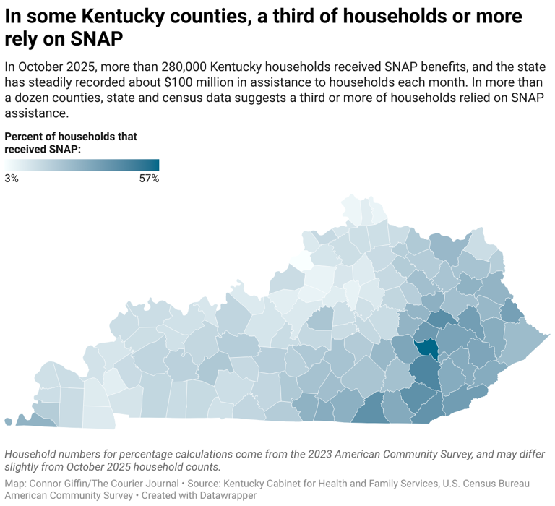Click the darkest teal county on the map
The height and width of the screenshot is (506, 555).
(x=427, y=348)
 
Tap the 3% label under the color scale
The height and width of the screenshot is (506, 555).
(x=12, y=178)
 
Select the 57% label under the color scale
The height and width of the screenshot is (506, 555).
(x=149, y=178)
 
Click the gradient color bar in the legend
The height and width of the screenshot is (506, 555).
(x=82, y=165)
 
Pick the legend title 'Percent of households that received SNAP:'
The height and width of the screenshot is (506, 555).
(x=71, y=142)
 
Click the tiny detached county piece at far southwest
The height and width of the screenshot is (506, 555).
(x=8, y=421)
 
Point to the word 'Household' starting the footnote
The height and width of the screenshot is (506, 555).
(x=31, y=454)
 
